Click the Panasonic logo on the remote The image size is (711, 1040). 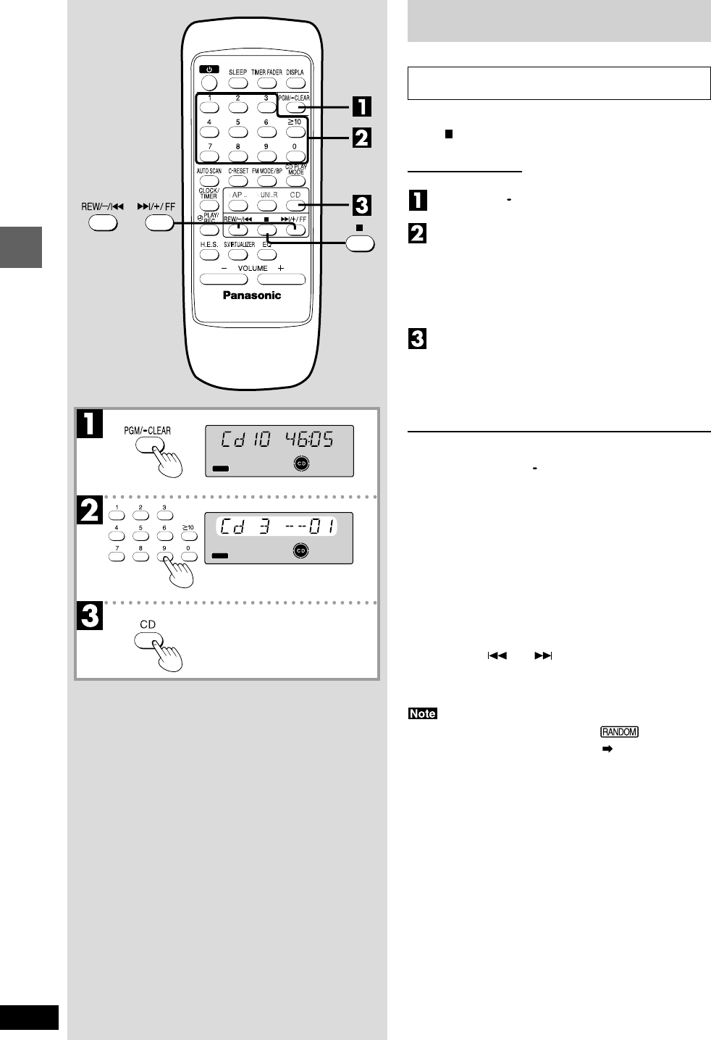coord(251,295)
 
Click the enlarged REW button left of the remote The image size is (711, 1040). coord(103,222)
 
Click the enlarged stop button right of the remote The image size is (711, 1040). coord(360,244)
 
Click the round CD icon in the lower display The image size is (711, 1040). coord(300,551)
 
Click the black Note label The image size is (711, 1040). coord(423,713)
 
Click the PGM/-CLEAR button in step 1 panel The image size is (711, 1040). coord(150,445)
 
